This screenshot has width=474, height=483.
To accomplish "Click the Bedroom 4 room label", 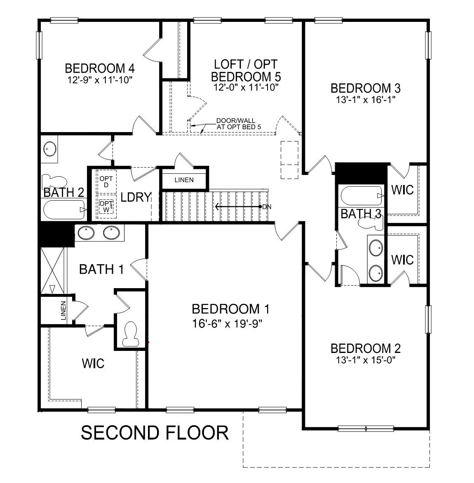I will pyautogui.click(x=100, y=67).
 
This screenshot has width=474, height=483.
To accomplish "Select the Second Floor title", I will pyautogui.click(x=155, y=433).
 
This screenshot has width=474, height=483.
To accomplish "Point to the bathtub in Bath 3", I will pyautogui.click(x=361, y=196).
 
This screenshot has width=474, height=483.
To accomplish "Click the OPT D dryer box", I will pyautogui.click(x=106, y=181).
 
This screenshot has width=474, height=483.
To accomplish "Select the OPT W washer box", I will pyautogui.click(x=106, y=206).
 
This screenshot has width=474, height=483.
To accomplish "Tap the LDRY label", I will pyautogui.click(x=136, y=197).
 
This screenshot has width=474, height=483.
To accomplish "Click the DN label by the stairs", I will pyautogui.click(x=266, y=206).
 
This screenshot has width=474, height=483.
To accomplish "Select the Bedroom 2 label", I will pyautogui.click(x=366, y=348).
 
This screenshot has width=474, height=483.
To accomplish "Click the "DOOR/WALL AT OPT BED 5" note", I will pyautogui.click(x=239, y=124).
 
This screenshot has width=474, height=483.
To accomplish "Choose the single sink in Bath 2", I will pyautogui.click(x=50, y=149).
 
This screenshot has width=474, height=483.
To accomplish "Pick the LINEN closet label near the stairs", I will pyautogui.click(x=184, y=180).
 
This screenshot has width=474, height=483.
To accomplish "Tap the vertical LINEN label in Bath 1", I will pyautogui.click(x=63, y=311).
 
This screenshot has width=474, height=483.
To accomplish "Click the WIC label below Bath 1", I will pyautogui.click(x=93, y=364).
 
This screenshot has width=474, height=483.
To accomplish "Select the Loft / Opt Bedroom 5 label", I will pyautogui.click(x=246, y=71).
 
